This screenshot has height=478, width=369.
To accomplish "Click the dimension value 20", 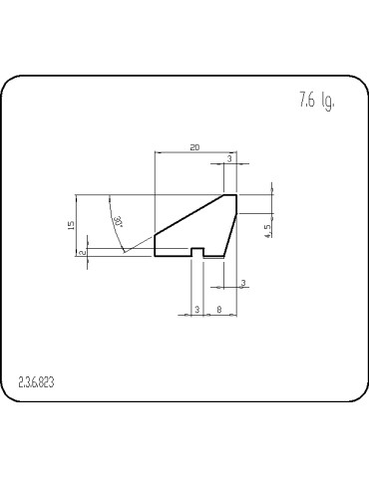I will (x=194, y=147).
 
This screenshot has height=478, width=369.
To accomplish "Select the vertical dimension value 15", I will (x=72, y=225).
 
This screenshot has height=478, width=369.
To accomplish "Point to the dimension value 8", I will (x=218, y=310).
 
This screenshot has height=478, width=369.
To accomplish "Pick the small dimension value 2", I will (x=82, y=253).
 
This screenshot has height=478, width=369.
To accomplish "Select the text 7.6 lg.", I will (x=314, y=101).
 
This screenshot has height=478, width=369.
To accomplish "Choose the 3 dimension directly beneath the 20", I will (x=230, y=158).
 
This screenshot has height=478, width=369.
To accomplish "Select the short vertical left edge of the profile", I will (x=156, y=245).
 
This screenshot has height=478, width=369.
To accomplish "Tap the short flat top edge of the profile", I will (x=230, y=195).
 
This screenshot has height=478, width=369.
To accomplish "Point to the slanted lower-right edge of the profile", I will (x=231, y=235).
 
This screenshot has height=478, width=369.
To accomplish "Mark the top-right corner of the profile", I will (x=236, y=195).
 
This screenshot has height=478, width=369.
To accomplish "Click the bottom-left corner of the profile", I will (x=156, y=256).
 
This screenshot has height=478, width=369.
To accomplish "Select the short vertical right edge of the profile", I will (x=236, y=204).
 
